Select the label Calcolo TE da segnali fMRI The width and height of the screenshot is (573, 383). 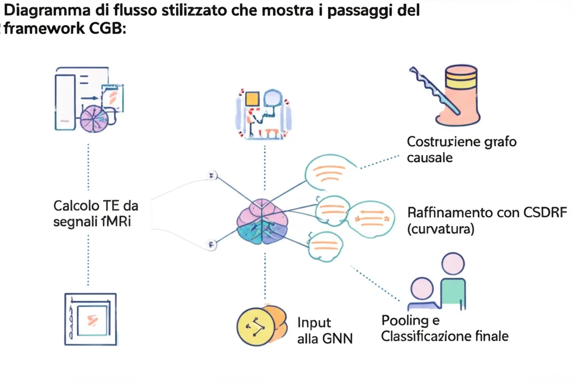pyautogui.click(x=96, y=213)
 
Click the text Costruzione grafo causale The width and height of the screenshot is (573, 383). pyautogui.click(x=461, y=149)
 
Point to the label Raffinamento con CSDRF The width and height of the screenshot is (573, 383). pyautogui.click(x=487, y=213)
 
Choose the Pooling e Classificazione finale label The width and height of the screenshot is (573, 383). pyautogui.click(x=444, y=329)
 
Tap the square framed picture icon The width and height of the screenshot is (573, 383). pyautogui.click(x=90, y=319)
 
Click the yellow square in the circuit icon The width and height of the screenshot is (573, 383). pyautogui.click(x=252, y=99)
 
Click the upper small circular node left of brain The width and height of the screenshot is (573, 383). pyautogui.click(x=212, y=176)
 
